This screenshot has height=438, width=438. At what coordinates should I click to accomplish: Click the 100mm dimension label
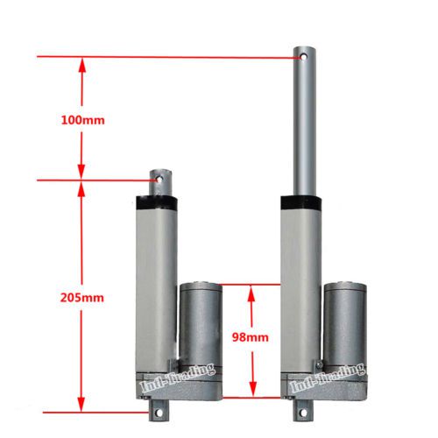click(82, 120)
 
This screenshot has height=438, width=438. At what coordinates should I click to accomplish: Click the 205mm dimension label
click(82, 298)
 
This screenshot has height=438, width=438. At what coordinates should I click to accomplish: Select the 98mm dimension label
click(251, 337)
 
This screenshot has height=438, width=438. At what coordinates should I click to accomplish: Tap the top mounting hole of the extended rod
click(304, 56)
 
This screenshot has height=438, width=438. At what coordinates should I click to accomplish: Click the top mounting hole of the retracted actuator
click(159, 179)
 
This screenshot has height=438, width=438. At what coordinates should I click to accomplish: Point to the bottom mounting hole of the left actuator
click(159, 413)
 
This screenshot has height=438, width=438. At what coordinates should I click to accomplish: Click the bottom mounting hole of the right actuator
click(304, 413)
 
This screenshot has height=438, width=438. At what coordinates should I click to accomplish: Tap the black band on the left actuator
click(157, 202)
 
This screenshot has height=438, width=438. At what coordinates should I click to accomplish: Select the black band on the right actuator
click(301, 203)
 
